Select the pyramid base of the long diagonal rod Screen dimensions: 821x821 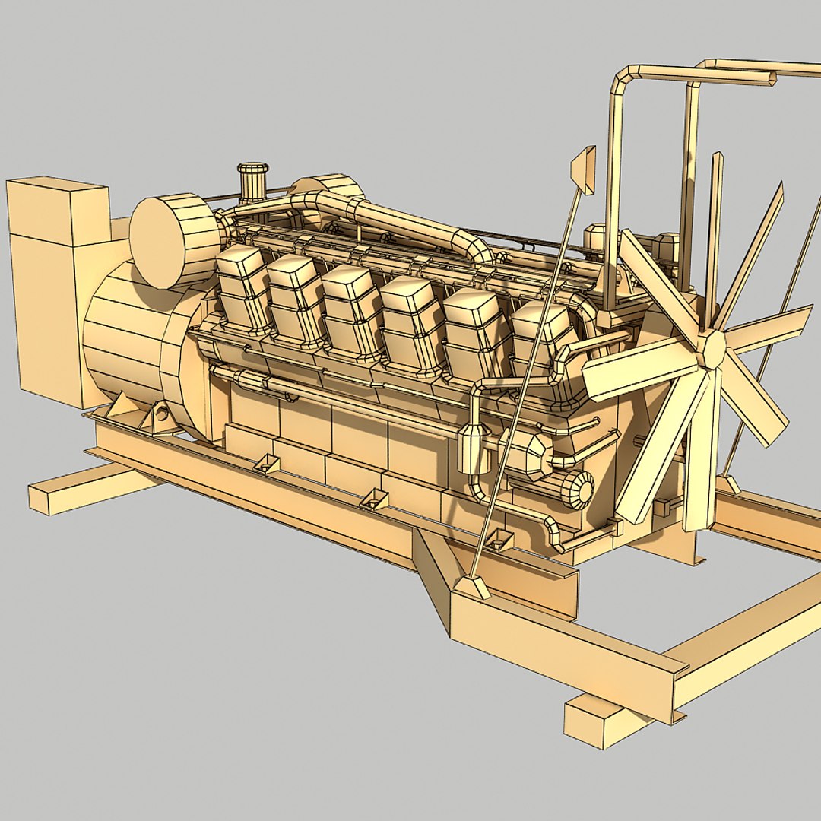472,587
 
